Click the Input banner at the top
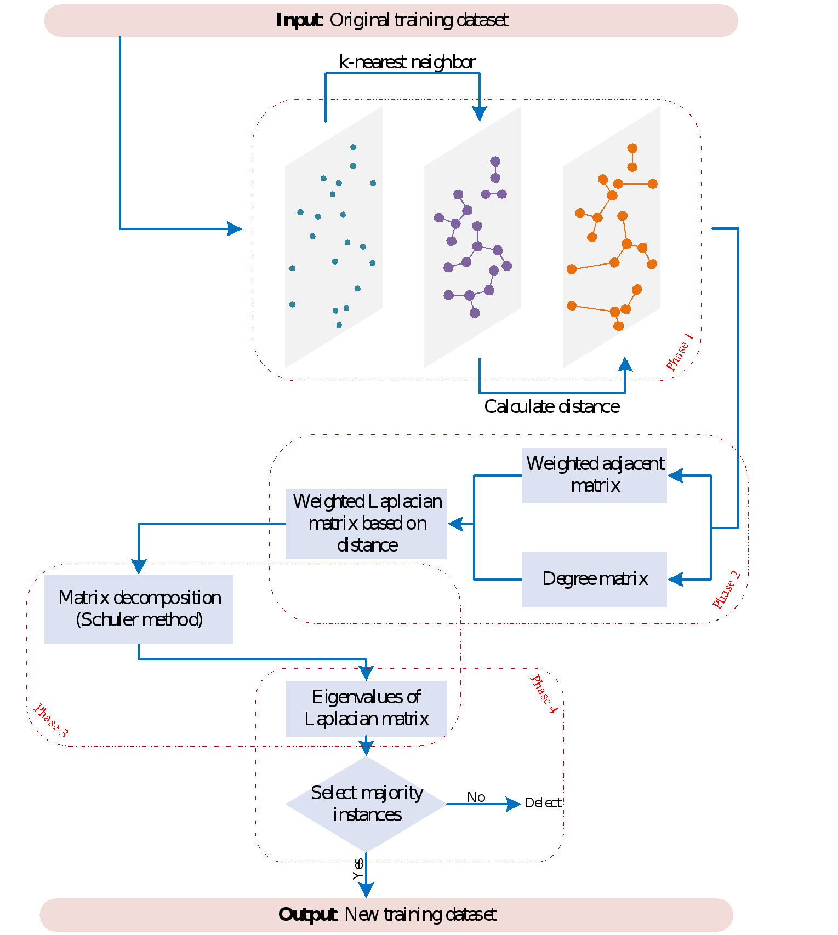click(x=391, y=21)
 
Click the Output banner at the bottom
click(x=386, y=914)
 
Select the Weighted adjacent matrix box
click(x=594, y=475)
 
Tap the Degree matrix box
click(x=594, y=579)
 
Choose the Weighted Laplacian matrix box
click(x=366, y=524)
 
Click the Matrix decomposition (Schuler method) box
click(x=139, y=609)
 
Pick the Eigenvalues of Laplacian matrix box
click(x=366, y=708)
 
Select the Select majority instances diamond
click(x=366, y=804)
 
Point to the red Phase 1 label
click(x=680, y=352)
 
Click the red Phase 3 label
click(x=51, y=720)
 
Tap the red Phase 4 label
click(x=544, y=694)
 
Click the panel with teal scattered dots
click(x=333, y=237)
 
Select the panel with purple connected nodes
click(x=472, y=237)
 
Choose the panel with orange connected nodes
click(x=612, y=237)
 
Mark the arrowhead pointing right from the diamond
click(x=514, y=804)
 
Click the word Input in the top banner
click(x=299, y=20)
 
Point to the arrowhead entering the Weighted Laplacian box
click(x=455, y=524)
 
